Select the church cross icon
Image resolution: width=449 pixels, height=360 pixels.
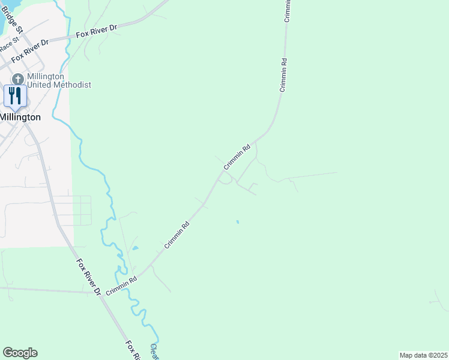18,79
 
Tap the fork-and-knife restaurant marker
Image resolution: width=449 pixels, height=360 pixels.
14,95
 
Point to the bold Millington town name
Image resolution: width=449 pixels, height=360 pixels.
20,117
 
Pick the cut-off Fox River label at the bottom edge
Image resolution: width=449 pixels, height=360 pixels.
133,350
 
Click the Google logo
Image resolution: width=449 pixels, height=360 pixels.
20,353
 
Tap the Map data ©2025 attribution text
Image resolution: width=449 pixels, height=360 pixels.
423,355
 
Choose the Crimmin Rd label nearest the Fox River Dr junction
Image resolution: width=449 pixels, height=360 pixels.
122,285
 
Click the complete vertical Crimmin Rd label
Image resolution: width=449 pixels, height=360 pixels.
283,75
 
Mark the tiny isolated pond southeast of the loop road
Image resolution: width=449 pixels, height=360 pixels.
238,222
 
